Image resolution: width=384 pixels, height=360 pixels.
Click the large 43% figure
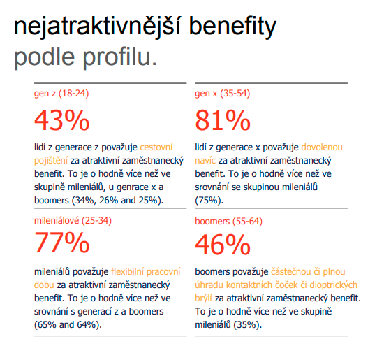tap(61, 120)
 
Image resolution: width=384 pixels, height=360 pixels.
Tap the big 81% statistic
tap(223, 120)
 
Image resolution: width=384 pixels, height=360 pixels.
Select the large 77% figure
tap(61, 243)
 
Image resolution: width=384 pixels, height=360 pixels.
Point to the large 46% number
tap(223, 245)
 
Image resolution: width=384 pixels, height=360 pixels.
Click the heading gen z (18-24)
tap(61, 94)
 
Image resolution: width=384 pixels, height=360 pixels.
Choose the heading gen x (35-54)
tap(222, 94)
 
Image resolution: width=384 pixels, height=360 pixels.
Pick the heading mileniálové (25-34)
tap(73, 221)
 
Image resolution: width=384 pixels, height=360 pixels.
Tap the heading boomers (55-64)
tap(228, 221)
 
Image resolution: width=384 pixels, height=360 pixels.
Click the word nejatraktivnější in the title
tap(97, 27)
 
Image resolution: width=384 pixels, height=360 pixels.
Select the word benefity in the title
tap(232, 27)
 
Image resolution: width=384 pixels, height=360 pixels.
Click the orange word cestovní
tap(156, 147)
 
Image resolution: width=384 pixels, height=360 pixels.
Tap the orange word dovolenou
tap(322, 147)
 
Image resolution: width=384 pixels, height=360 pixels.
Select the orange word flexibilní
tap(127, 272)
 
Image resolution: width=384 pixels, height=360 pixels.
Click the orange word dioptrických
tap(333, 285)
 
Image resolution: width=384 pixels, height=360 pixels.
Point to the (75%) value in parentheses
tap(209, 201)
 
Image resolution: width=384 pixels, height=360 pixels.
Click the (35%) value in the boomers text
tap(248, 325)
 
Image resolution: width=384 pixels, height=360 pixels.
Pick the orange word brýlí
tap(203, 298)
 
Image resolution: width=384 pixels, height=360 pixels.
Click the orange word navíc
tap(205, 161)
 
